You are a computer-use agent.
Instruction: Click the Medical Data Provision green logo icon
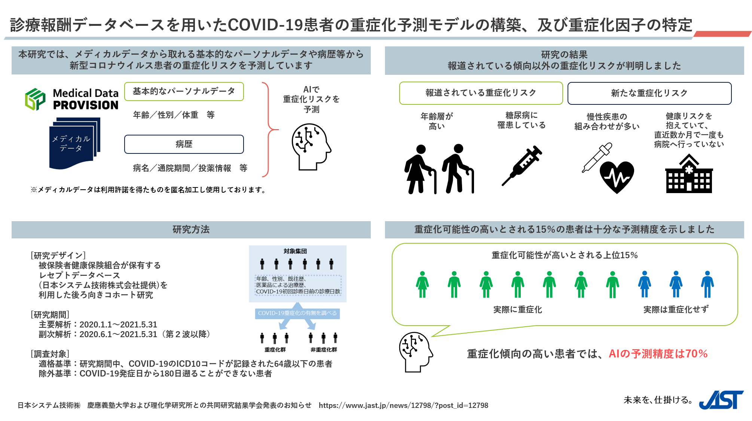pyautogui.click(x=35, y=99)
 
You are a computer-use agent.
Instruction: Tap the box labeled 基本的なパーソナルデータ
pyautogui.click(x=184, y=91)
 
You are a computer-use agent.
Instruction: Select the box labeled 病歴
pyautogui.click(x=184, y=144)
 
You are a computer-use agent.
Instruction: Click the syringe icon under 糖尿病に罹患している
pyautogui.click(x=522, y=165)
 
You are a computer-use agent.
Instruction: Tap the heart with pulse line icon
pyautogui.click(x=617, y=177)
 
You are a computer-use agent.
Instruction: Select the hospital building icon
pyautogui.click(x=689, y=175)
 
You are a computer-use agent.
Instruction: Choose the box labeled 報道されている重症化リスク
pyautogui.click(x=481, y=93)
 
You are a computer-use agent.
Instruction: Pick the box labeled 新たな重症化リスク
pyautogui.click(x=649, y=93)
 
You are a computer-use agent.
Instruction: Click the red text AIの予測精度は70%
pyautogui.click(x=658, y=354)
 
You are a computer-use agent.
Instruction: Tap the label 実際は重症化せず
pyautogui.click(x=676, y=309)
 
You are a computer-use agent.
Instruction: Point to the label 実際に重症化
pyautogui.click(x=517, y=309)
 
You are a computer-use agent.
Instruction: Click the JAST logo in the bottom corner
pyautogui.click(x=721, y=400)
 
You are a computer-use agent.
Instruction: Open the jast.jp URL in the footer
pyautogui.click(x=403, y=405)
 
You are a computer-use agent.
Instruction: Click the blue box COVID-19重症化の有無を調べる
pyautogui.click(x=297, y=313)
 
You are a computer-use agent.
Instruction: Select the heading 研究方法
pyautogui.click(x=191, y=229)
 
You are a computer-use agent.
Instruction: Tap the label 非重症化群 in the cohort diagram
pyautogui.click(x=324, y=350)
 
